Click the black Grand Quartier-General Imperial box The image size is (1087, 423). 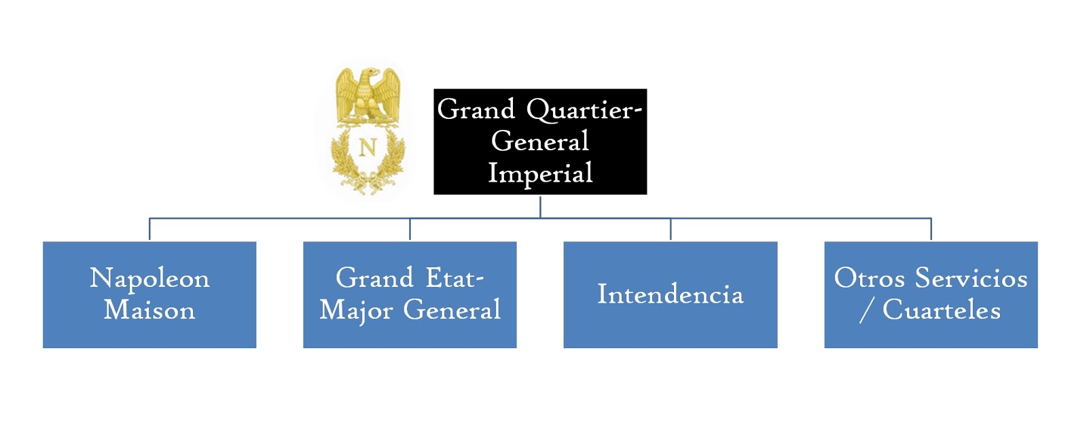coord(540,141)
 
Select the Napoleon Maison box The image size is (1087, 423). coord(149,294)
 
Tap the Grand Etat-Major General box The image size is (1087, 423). coord(410,294)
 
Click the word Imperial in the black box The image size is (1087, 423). coord(540,173)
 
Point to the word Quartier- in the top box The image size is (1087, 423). coord(584,110)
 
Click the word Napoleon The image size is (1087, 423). coord(149,279)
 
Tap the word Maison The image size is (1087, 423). coord(149,310)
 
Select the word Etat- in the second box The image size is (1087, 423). coord(455,278)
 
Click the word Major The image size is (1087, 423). coord(356,311)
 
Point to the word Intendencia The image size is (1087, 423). coord(670,294)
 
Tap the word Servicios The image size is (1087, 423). coord(971,278)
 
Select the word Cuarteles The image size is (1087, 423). coord(942,311)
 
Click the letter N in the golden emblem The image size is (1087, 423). coord(368,147)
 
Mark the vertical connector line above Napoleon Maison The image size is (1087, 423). coord(149,229)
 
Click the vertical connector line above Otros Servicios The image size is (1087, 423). coord(931,229)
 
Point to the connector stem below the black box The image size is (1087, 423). coord(540,206)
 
